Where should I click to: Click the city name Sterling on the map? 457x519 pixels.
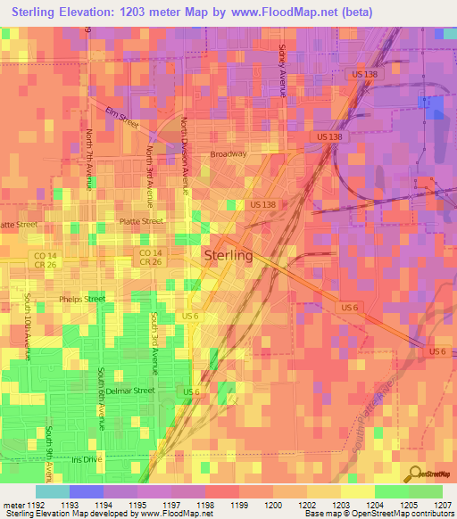coord(229,255)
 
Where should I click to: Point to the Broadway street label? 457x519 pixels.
coord(228,154)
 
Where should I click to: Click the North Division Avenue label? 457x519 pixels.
coord(185,156)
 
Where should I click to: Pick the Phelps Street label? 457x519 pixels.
coord(82,299)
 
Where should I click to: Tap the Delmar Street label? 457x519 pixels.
coord(131,391)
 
